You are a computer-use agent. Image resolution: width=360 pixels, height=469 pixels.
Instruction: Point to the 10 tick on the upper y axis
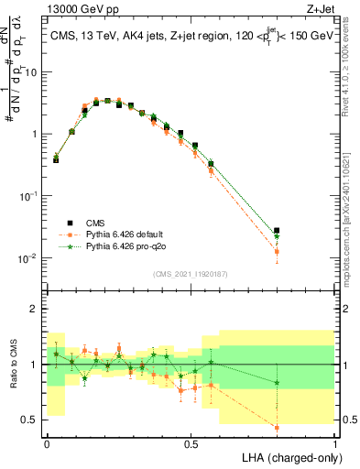click(32, 71)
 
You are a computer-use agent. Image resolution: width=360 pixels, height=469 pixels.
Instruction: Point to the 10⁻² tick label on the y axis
click(29, 257)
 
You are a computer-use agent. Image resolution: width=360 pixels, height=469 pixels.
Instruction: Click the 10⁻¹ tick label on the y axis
click(29, 195)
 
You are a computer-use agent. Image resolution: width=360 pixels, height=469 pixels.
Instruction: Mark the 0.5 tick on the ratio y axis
click(32, 420)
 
